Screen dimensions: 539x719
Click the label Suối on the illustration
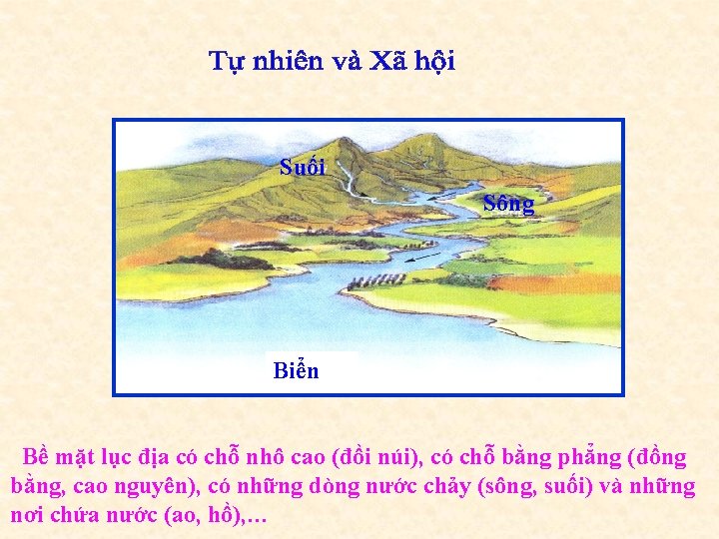303,167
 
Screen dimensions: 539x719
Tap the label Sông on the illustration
508,204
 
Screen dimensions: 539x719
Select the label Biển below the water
296,371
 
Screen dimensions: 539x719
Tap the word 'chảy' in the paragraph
445,487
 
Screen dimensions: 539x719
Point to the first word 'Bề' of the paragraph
37,458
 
